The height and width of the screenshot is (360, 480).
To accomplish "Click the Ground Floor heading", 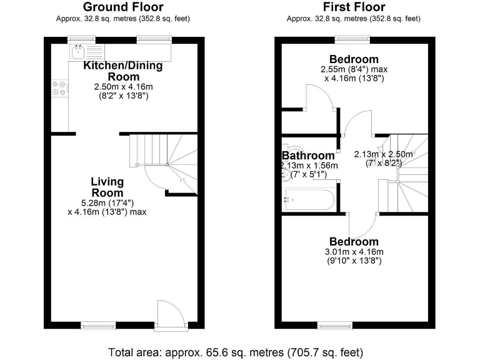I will (x=123, y=7).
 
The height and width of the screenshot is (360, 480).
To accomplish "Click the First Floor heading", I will (x=354, y=7).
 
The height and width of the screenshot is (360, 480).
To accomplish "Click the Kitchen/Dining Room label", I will (x=123, y=71).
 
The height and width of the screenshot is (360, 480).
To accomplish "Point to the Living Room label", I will (x=107, y=187).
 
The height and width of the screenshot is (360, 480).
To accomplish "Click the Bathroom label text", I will (x=308, y=156).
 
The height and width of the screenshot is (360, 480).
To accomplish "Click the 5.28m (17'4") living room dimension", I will (x=107, y=202).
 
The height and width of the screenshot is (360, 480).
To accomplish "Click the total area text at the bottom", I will (x=235, y=352).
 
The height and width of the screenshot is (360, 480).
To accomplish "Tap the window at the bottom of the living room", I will (x=99, y=325).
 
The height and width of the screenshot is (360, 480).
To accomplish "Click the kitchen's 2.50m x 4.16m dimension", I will (x=123, y=91).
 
